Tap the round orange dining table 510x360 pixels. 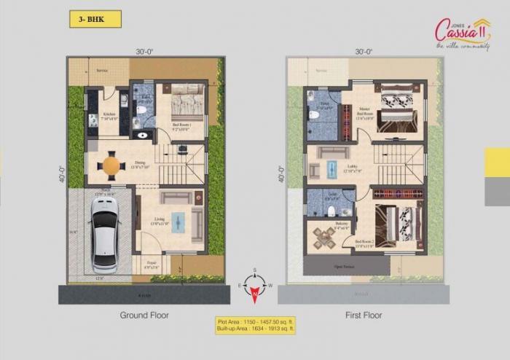110,165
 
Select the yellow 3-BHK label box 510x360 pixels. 95,19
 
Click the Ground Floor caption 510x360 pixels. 144,316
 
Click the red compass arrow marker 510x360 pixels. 255,293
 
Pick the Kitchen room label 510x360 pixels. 109,114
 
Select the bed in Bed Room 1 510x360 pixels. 187,101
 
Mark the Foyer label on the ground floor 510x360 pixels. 151,265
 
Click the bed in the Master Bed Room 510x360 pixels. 397,112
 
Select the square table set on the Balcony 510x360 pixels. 321,238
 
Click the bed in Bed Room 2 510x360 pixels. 398,220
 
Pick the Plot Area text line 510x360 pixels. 255,321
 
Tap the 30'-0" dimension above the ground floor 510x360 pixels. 144,52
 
